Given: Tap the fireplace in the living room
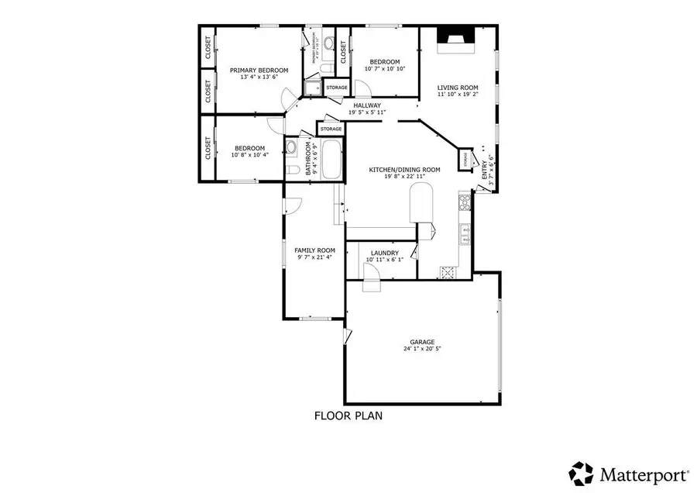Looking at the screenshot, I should point(454,40).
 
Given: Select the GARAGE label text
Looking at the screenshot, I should point(422,341).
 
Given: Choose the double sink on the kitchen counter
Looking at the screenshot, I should point(465,232).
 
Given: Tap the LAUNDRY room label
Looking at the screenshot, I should point(384,253).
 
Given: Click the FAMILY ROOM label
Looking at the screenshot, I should point(314,250).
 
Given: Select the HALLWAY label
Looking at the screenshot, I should point(366,105).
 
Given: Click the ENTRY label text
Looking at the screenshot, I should point(486,171).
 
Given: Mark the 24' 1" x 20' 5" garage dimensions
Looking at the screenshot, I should point(422,349).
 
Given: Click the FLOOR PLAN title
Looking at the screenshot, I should point(348,415).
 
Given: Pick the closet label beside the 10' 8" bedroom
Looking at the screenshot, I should point(208,148).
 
